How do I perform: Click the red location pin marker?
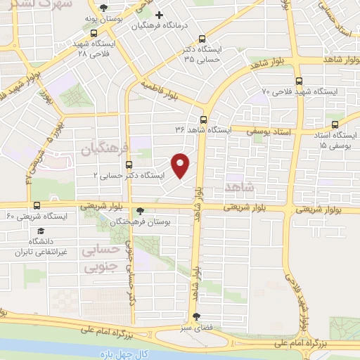coord(181,165)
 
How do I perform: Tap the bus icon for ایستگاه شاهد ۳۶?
coord(203,120)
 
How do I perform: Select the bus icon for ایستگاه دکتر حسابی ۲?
coord(128,165)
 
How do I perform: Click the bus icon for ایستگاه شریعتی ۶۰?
coord(37,205)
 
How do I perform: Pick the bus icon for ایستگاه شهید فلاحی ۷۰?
coord(300,82)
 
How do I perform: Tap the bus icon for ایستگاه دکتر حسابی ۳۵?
coord(202,39)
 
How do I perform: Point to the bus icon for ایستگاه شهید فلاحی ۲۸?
coord(95,33)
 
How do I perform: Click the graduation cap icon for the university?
coord(40,231)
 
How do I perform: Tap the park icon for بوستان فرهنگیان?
coord(140,211)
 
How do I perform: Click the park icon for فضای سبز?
coord(196,316)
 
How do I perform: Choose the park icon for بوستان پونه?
coord(104,7)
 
